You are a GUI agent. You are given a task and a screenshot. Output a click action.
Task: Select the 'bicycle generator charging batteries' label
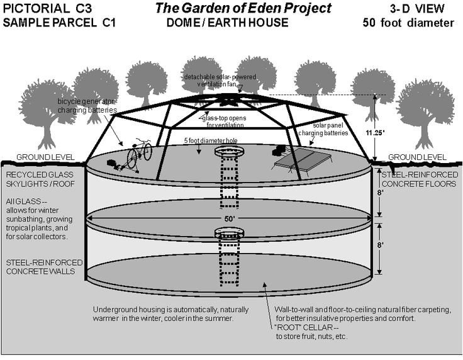pyautogui.click(x=87, y=105)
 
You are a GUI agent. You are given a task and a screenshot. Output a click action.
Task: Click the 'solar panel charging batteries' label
pyautogui.click(x=328, y=130)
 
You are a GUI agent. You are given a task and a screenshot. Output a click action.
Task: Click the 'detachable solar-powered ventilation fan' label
pyautogui.click(x=217, y=81)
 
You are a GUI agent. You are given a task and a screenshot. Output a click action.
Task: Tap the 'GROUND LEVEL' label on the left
pyautogui.click(x=46, y=157)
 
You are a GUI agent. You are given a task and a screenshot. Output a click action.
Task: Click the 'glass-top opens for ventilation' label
pyautogui.click(x=228, y=121)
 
